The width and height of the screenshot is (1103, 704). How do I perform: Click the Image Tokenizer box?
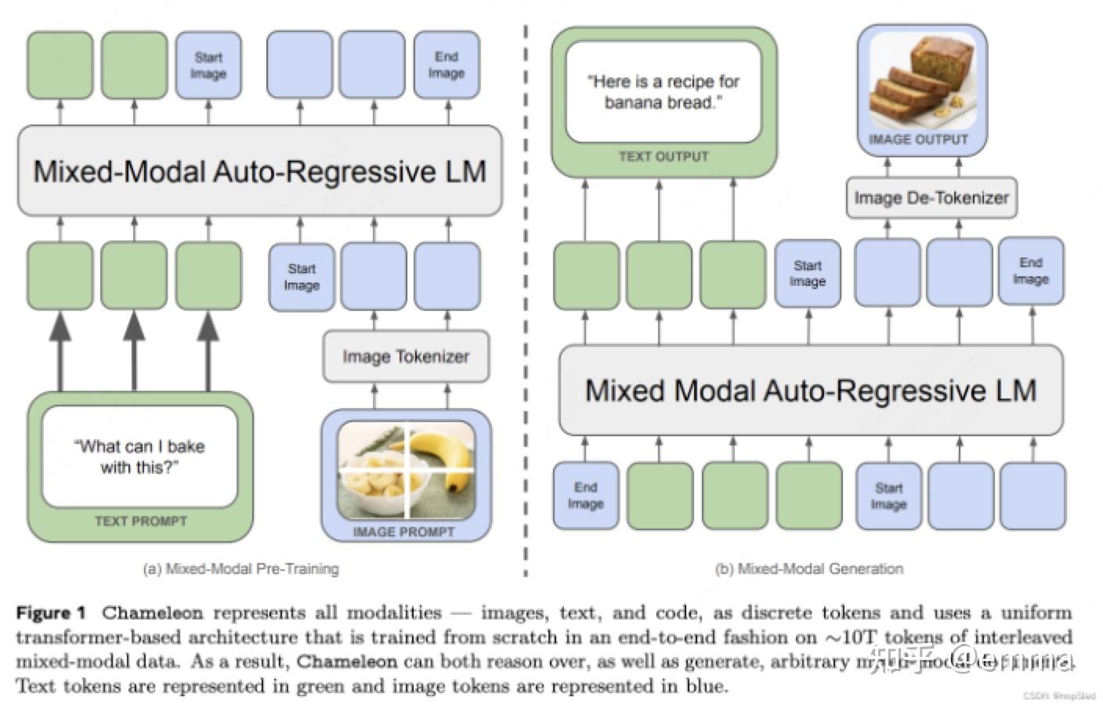pos(406,356)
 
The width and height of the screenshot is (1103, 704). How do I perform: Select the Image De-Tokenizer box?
pos(931,198)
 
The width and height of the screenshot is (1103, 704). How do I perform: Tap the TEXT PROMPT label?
pos(141,521)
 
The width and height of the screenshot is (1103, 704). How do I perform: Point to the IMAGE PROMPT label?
pos(403,532)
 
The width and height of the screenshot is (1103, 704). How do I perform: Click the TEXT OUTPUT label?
pos(663,157)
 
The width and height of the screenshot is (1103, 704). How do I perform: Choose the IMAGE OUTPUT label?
pos(918,139)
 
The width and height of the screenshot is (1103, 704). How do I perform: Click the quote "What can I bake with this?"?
pos(139,457)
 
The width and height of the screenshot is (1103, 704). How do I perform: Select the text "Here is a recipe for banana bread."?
pos(663,92)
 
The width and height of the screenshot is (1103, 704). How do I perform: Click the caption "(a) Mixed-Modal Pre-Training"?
pos(240,569)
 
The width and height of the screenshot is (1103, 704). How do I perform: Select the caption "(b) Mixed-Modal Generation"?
pos(808,569)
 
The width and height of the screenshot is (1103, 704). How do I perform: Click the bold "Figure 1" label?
pos(51,612)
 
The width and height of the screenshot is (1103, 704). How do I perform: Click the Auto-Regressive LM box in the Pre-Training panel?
pos(259,171)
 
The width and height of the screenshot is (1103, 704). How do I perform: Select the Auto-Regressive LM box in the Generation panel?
pos(810,390)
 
